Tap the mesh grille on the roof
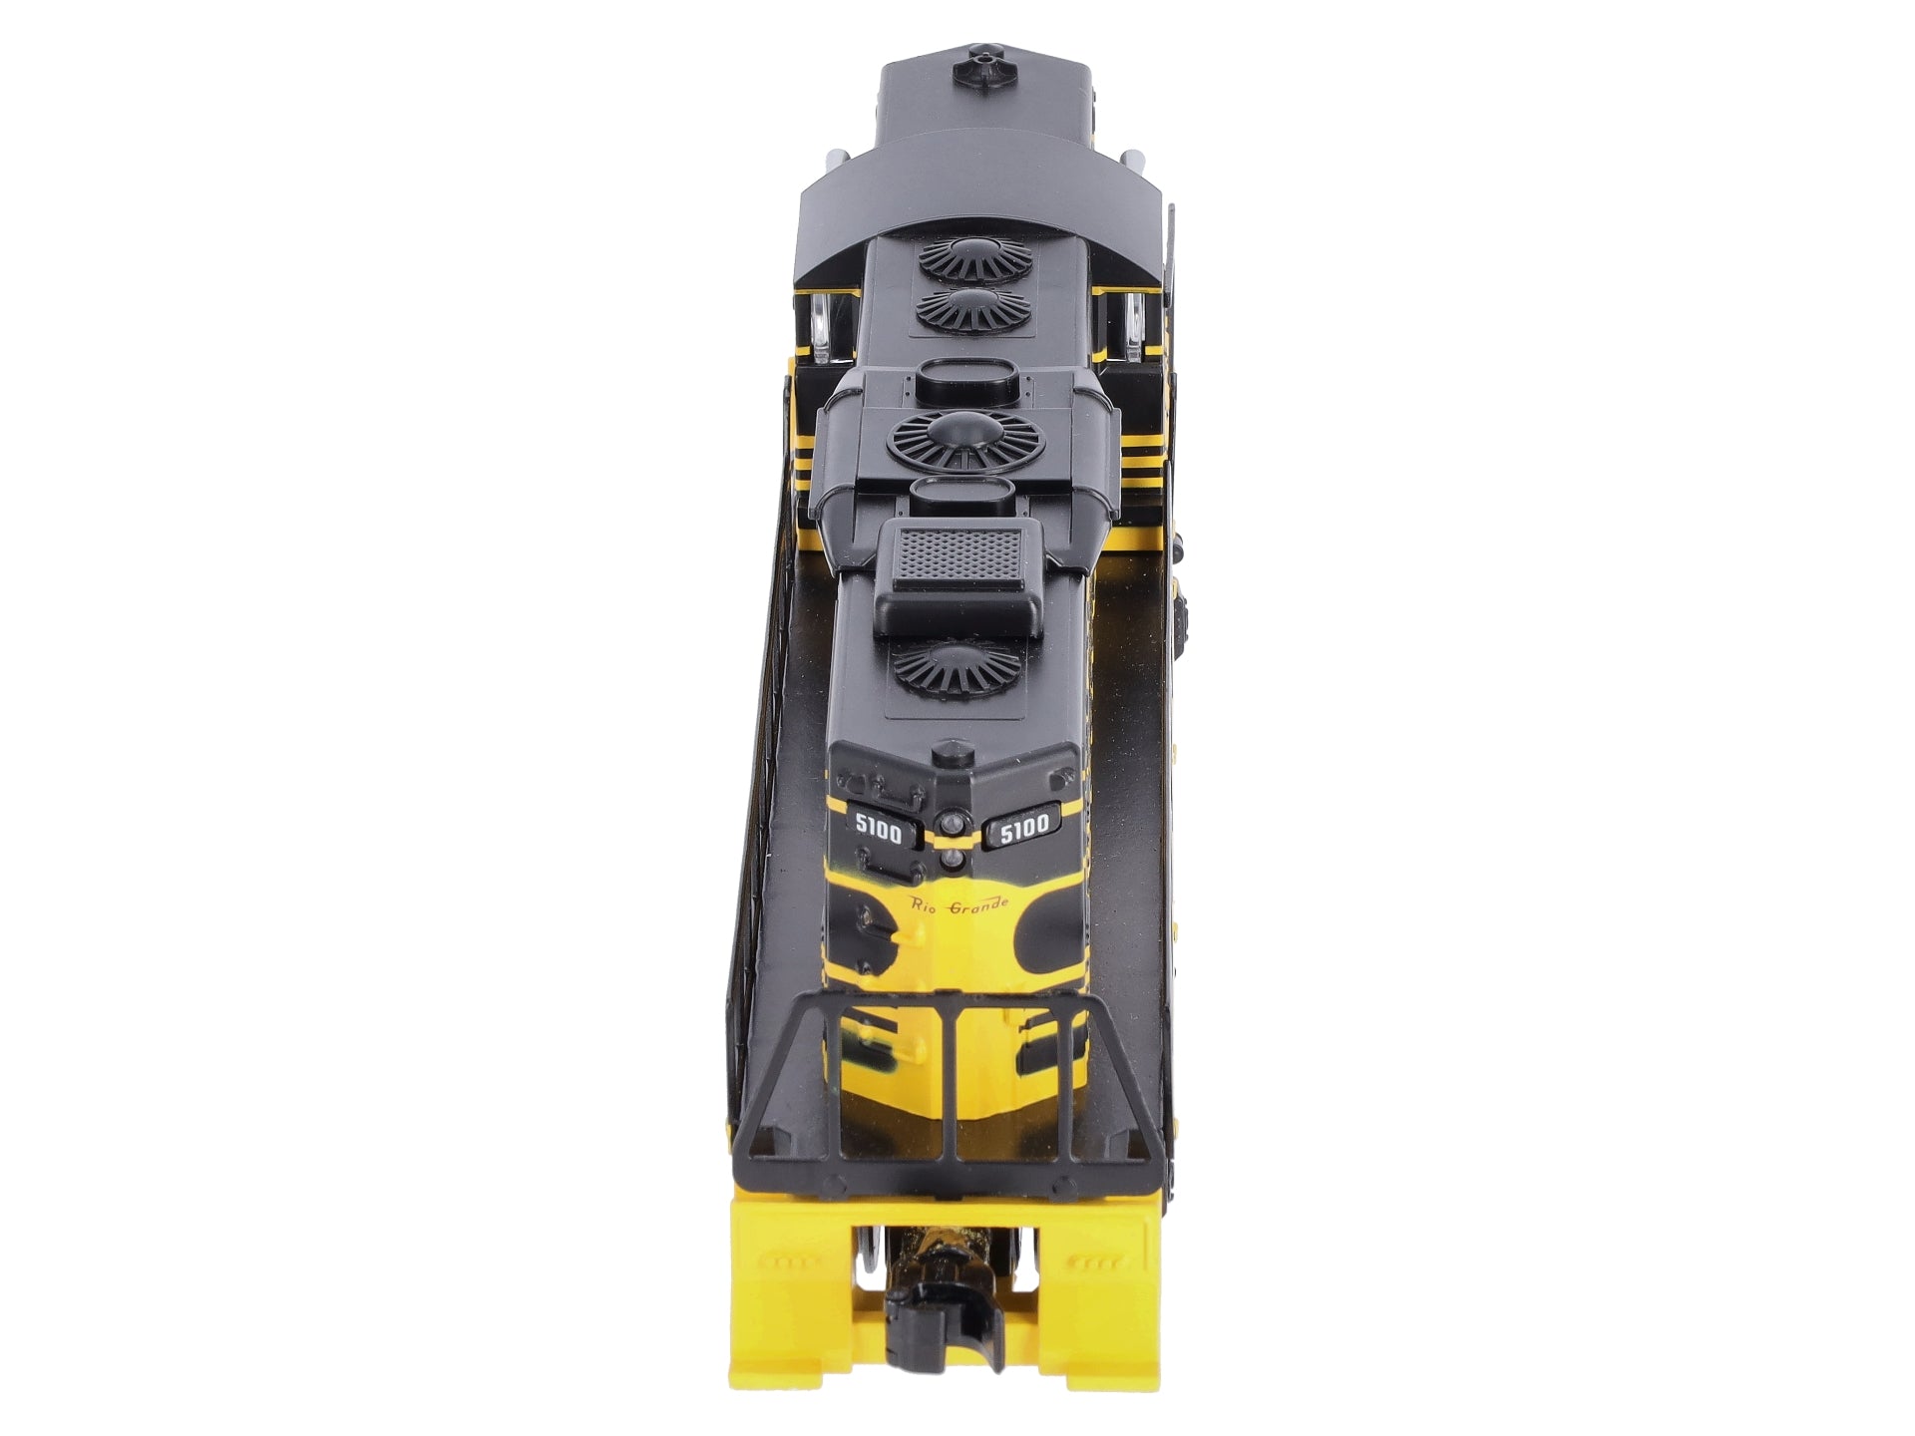click(957, 554)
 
